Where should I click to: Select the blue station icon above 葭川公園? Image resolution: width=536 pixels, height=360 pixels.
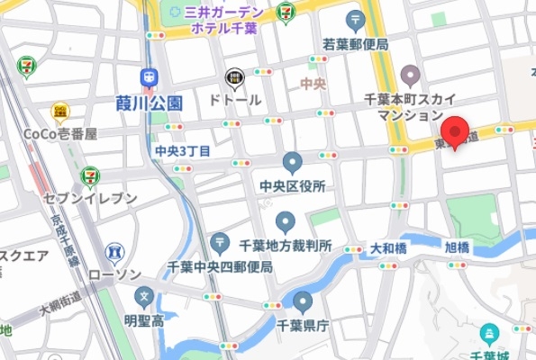(x=149, y=78)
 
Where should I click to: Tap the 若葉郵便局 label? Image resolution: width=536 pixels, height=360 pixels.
(x=356, y=43)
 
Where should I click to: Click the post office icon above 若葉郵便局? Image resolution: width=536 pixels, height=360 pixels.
(x=356, y=20)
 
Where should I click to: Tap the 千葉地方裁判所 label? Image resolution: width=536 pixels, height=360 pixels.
(x=286, y=245)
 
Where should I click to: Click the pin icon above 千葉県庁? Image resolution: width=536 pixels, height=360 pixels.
(x=302, y=302)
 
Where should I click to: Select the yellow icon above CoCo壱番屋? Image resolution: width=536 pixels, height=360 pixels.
(x=60, y=111)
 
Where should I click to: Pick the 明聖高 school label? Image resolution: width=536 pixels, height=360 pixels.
(x=142, y=319)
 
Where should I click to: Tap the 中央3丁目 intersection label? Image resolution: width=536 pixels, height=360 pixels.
(x=183, y=150)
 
